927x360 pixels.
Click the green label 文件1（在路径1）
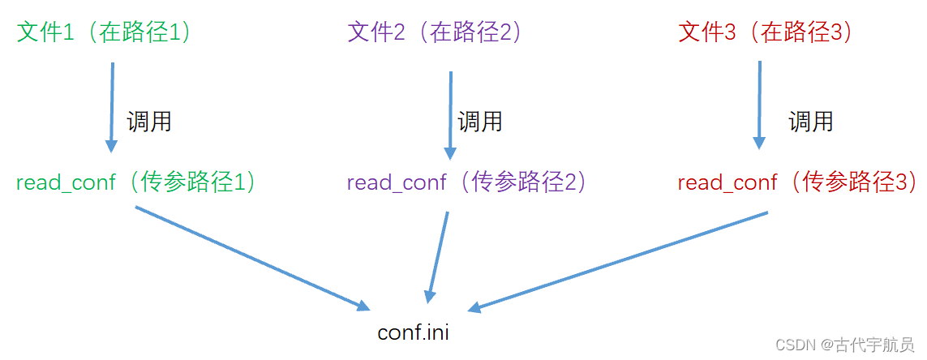pos(106,32)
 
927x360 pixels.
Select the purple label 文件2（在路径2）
pos(436,32)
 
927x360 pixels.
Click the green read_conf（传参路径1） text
pos(137,182)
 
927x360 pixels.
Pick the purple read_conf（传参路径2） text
pos(466,182)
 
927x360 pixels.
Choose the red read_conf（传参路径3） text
pos(797,182)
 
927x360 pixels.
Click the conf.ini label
pos(414,332)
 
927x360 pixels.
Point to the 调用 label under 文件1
pos(149,122)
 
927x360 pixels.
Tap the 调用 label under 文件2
pos(480,122)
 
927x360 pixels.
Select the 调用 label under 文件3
pos(811,122)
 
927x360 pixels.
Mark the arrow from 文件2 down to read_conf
pos(450,114)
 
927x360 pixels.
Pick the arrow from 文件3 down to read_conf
pos(759,105)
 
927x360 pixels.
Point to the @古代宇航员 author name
pos(868,345)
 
